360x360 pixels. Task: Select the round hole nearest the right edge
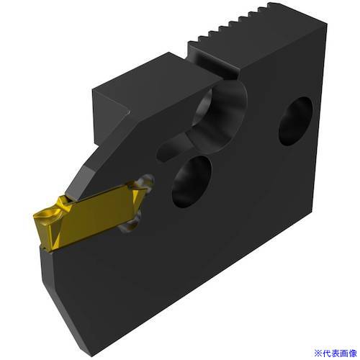click(x=296, y=121)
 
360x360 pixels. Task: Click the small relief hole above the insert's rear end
click(x=146, y=182)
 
